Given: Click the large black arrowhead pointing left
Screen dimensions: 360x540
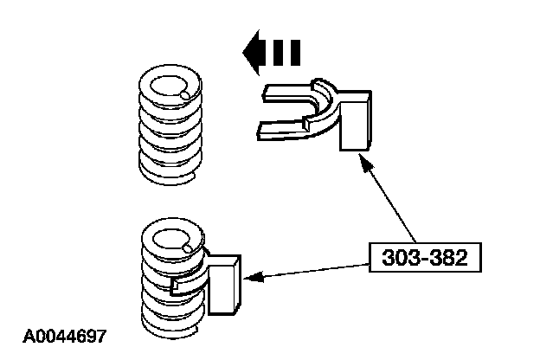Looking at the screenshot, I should (x=255, y=54).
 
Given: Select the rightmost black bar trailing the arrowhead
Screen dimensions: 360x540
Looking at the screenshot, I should (x=295, y=54).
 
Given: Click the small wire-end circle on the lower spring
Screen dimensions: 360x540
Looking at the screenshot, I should (x=189, y=251).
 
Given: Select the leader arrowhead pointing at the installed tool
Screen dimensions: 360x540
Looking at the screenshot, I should (x=252, y=278).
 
